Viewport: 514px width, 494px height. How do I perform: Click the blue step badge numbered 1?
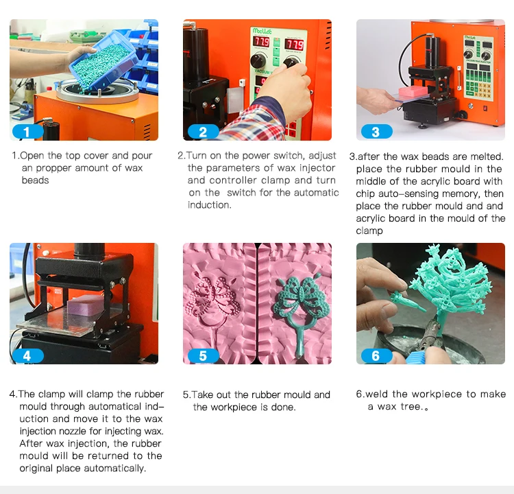pos(27,132)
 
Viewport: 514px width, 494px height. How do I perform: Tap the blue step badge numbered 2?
pos(203,132)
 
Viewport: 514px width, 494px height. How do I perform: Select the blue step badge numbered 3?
pos(376,132)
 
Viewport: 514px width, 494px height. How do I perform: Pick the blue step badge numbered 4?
pos(27,356)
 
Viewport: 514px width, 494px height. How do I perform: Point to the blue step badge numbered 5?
pos(203,356)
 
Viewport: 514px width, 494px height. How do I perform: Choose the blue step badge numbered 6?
pos(376,356)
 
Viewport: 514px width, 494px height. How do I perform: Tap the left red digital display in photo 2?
pos(261,42)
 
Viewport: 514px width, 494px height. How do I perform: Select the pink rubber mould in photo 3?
pos(413,91)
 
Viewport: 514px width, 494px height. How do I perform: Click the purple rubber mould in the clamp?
pos(86,305)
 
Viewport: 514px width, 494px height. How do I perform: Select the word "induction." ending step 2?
pos(210,205)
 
